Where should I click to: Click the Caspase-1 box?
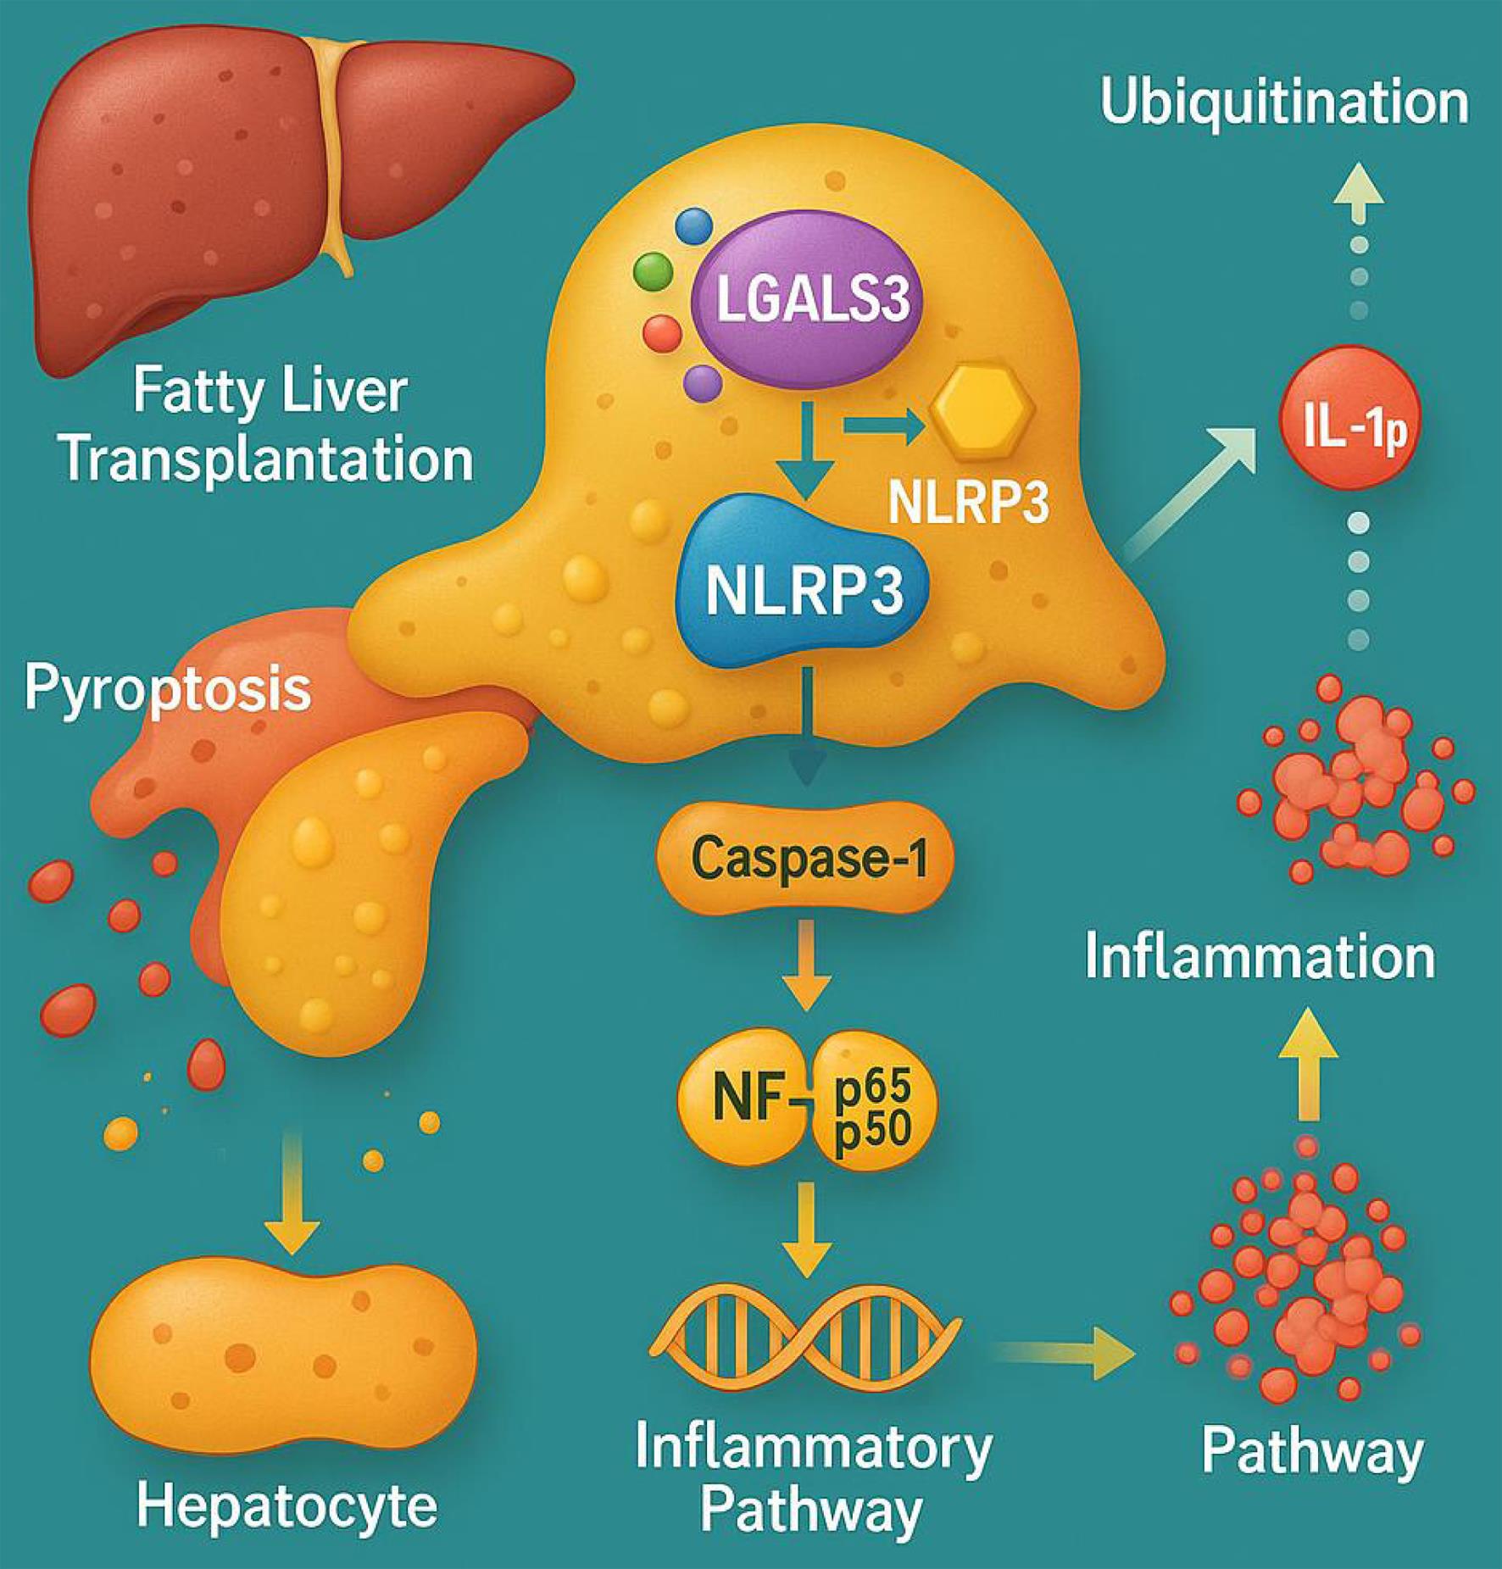[x=804, y=858]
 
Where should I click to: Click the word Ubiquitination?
[x=1283, y=102]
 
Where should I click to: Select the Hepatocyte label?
[x=286, y=1506]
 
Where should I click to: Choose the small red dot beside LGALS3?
[x=662, y=333]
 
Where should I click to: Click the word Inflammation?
[x=1260, y=957]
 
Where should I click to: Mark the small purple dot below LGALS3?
[x=703, y=382]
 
